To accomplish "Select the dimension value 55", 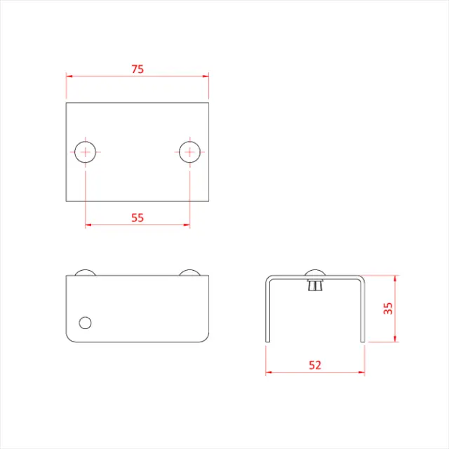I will click(x=138, y=217).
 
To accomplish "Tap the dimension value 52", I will click(x=315, y=365).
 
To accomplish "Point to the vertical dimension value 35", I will click(x=388, y=309).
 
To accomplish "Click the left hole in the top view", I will click(x=86, y=152).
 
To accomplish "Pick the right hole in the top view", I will click(x=189, y=152).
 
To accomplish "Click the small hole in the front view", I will click(x=86, y=322).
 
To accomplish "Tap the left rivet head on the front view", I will click(x=86, y=272).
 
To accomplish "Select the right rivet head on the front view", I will click(x=189, y=272).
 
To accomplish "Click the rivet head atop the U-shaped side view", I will click(x=315, y=274).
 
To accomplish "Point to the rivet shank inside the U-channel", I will click(x=315, y=286).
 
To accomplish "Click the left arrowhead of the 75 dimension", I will click(x=69, y=76).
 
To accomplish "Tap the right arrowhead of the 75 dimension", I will click(x=206, y=76).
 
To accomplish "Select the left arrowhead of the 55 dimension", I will click(x=88, y=225).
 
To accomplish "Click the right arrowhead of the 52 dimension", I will click(x=362, y=373).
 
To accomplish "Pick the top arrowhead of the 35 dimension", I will click(x=396, y=279).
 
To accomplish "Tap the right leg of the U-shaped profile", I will click(x=363, y=312).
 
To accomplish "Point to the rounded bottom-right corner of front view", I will click(x=206, y=338).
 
